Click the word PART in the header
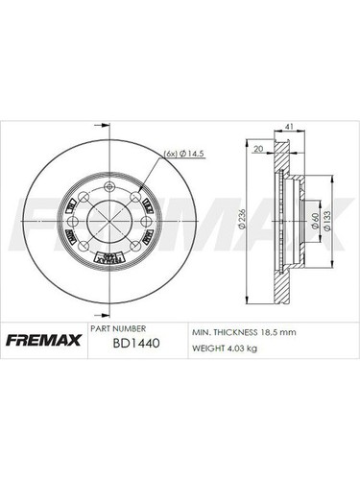coord(100,327)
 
